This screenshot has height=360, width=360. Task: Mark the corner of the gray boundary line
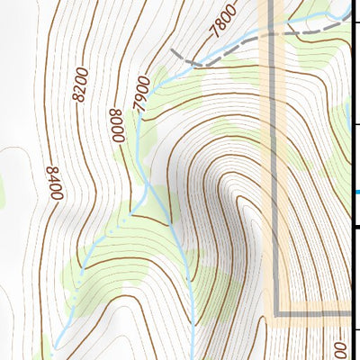click(x=275, y=313)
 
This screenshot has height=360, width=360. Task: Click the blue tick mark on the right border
click(x=356, y=192)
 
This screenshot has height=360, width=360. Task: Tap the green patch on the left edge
click(x=3, y=189)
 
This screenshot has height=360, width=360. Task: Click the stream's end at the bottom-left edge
click(x=54, y=347)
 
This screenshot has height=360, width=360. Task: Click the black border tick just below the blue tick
click(x=355, y=226)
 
